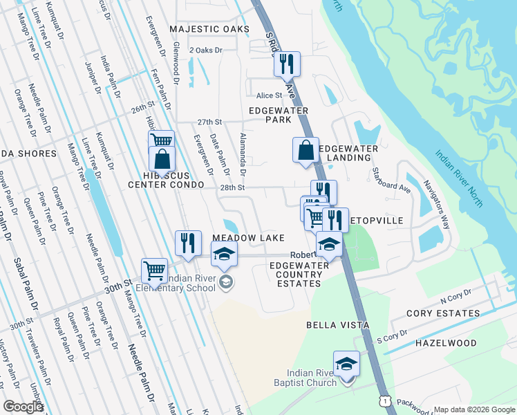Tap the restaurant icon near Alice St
tap(286, 64)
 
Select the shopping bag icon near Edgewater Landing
tap(305, 149)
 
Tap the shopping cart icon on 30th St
tap(153, 270)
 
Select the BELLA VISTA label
tap(339, 324)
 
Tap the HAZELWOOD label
tap(446, 343)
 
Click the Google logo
tap(23, 407)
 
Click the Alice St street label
tap(270, 95)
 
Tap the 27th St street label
tap(208, 122)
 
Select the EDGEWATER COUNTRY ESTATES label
tap(297, 275)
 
